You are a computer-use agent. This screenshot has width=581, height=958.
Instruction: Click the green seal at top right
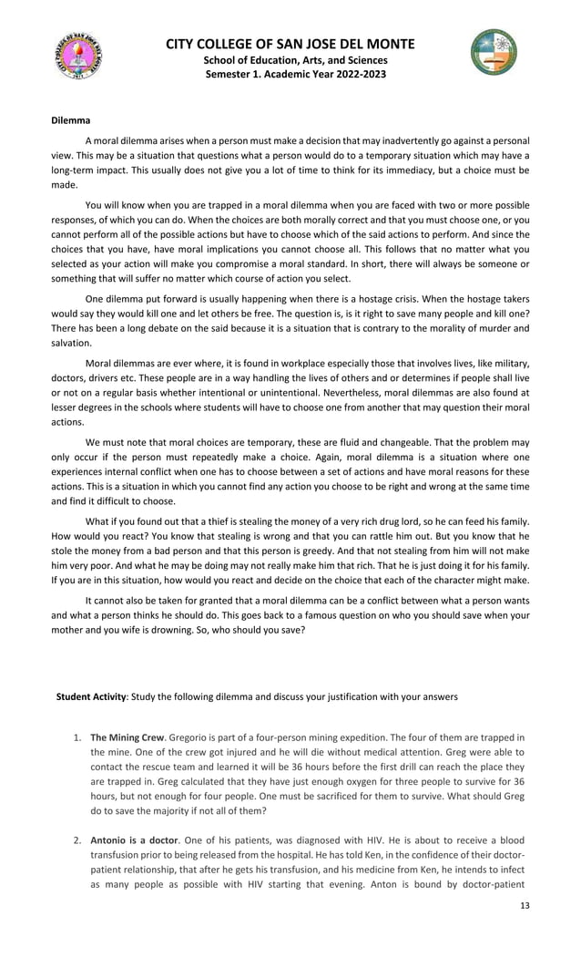494,52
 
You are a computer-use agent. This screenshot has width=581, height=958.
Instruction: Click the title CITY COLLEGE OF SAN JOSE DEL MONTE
290,44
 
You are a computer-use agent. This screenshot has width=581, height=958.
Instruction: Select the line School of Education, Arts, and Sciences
290,59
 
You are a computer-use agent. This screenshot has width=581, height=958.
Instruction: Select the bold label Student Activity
91,696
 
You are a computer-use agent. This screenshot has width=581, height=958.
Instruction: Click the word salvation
71,342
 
